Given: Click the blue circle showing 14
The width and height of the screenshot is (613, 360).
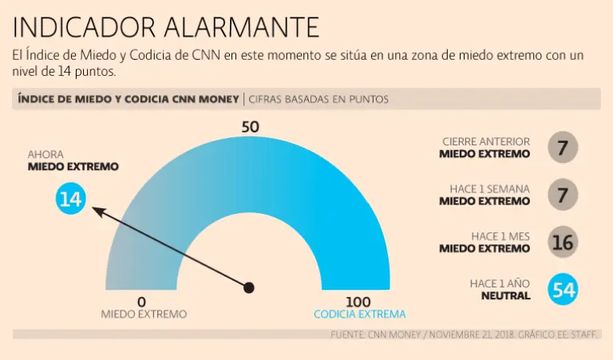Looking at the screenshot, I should click(x=70, y=198).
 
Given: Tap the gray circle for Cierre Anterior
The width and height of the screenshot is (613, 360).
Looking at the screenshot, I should click(x=563, y=148).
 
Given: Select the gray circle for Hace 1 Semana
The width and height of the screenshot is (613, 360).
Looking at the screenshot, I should click(x=563, y=195).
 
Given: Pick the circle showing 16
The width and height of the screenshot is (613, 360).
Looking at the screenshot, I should click(x=563, y=242).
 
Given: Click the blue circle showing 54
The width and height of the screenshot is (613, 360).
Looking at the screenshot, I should click(x=563, y=289).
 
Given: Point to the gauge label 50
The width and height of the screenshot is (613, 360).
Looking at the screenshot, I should click(x=250, y=128).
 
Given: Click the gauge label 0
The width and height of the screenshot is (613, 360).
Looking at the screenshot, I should click(x=142, y=302).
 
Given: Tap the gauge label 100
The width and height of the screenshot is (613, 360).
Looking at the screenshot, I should click(x=359, y=302).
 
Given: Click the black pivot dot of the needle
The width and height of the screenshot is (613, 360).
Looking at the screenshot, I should click(x=249, y=287).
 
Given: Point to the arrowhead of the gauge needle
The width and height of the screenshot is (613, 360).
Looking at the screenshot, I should click(x=95, y=209).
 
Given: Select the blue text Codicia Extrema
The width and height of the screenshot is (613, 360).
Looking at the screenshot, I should click(x=359, y=315).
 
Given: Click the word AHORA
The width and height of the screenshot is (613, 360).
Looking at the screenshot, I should click(x=45, y=154).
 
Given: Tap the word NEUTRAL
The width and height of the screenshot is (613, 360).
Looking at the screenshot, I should click(x=505, y=295).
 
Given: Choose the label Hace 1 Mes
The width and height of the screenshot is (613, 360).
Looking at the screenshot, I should click(x=500, y=235).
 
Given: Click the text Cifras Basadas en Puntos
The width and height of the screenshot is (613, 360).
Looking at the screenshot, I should click(x=318, y=100).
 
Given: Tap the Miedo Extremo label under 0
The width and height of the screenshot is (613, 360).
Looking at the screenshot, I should click(x=144, y=315).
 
